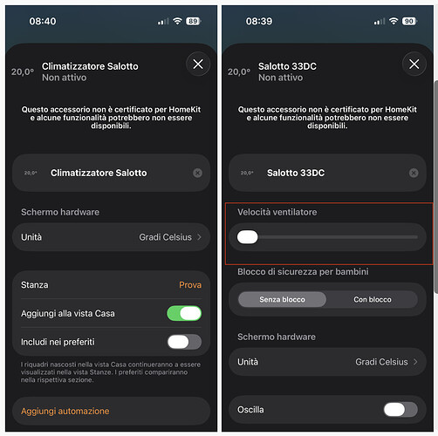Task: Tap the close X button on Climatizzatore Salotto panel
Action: pyautogui.click(x=198, y=64)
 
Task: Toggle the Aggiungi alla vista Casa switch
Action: pyautogui.click(x=184, y=313)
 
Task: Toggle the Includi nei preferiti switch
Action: pyautogui.click(x=184, y=341)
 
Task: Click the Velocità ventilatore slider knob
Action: pyautogui.click(x=248, y=236)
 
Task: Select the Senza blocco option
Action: pyautogui.click(x=282, y=299)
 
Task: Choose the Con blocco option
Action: pyautogui.click(x=372, y=299)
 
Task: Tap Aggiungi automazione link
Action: pyautogui.click(x=65, y=411)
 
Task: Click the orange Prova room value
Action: pyautogui.click(x=189, y=284)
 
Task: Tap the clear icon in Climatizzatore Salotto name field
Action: pyautogui.click(x=197, y=173)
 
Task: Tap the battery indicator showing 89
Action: pyautogui.click(x=193, y=20)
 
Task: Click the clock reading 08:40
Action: pyautogui.click(x=43, y=20)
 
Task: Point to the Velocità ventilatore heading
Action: pyautogui.click(x=277, y=212)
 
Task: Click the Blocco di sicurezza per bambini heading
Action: pyautogui.click(x=302, y=272)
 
